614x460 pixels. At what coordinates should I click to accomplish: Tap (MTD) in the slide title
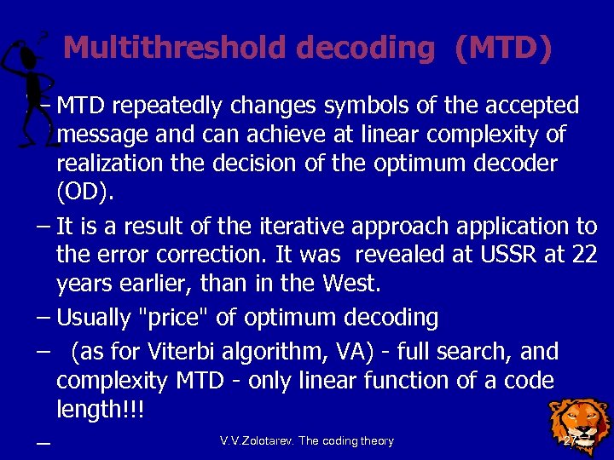[x=503, y=48]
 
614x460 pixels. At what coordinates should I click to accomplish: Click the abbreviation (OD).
[x=84, y=193]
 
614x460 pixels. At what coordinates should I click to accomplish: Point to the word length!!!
[x=100, y=410]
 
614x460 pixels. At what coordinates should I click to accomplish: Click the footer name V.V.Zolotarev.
[x=258, y=441]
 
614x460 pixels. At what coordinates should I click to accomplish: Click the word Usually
[x=94, y=318]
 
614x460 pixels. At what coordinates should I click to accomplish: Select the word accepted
[x=528, y=106]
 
